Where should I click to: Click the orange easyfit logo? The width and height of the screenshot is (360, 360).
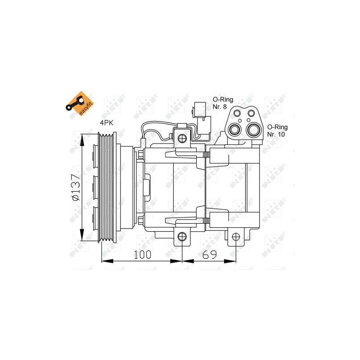tap(80, 103)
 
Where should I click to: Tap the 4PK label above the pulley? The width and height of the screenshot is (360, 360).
tap(107, 123)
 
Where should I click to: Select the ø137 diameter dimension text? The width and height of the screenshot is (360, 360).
tap(76, 187)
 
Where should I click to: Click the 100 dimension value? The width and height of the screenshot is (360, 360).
tap(142, 255)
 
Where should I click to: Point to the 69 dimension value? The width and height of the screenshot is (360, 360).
tap(210, 255)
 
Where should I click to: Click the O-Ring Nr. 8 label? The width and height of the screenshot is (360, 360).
tap(223, 103)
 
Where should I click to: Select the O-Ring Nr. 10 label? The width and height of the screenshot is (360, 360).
tap(277, 130)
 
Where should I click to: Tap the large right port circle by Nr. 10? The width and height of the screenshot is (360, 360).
tap(253, 130)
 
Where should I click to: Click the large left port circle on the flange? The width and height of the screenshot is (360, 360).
tap(234, 130)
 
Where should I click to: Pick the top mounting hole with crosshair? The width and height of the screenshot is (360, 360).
tap(182, 138)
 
